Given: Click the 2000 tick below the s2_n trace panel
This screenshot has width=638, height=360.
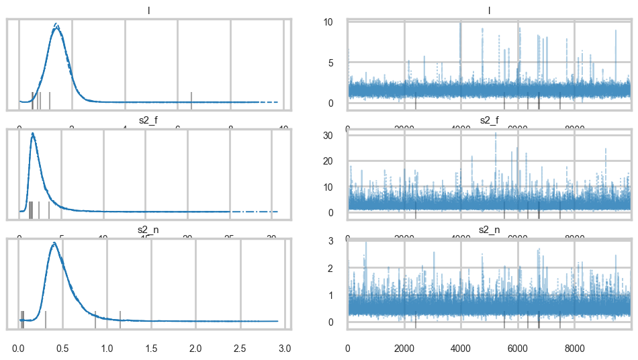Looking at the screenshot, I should click(404, 349).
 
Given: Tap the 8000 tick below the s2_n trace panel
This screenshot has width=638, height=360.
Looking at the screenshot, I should click(574, 349).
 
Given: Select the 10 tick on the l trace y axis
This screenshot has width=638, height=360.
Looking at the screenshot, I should click(338, 22).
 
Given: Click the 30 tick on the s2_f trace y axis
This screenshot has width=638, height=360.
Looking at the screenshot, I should click(338, 135).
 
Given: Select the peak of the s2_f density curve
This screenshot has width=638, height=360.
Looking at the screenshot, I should click(32, 134).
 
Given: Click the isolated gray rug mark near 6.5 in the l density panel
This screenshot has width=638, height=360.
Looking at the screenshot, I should click(191, 99).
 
